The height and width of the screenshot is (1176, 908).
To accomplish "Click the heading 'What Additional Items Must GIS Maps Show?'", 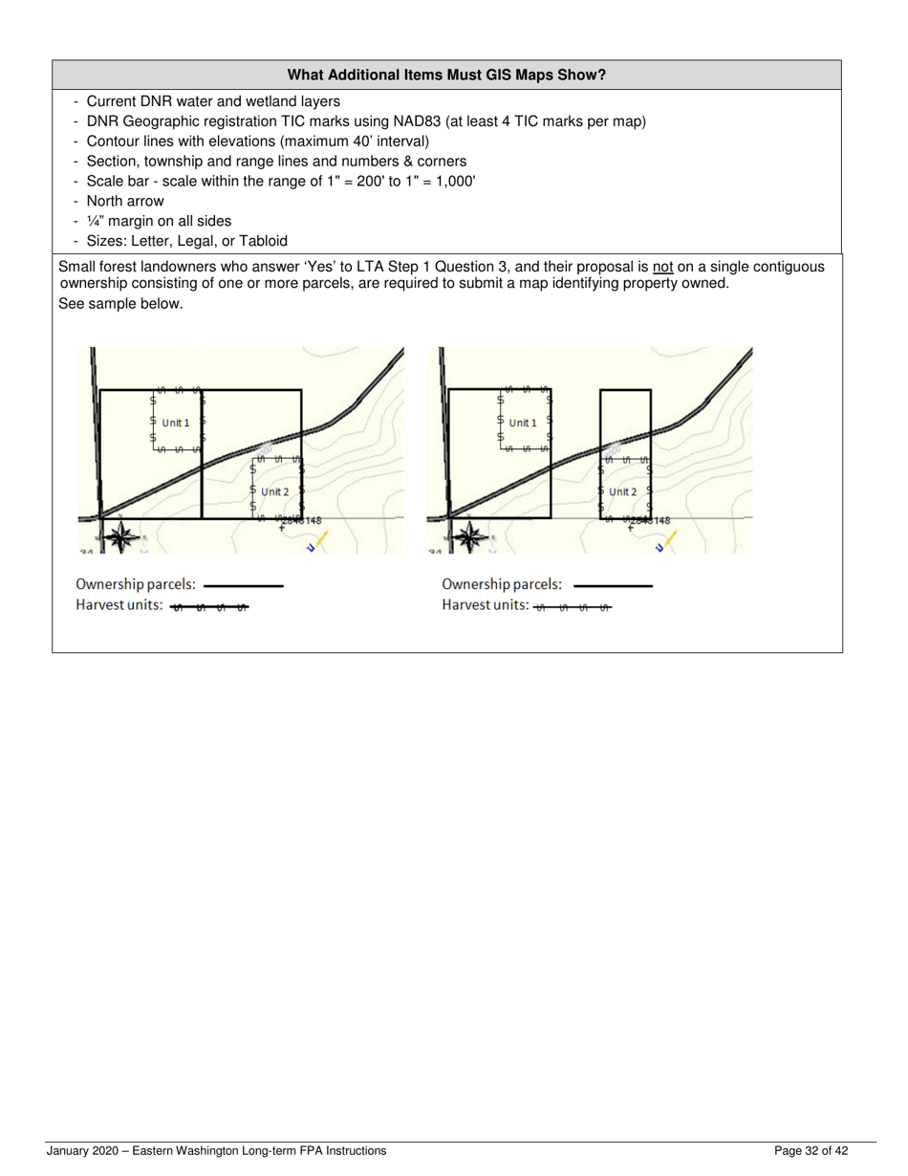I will [x=446, y=75].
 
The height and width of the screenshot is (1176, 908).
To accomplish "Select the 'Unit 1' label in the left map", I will [x=175, y=423].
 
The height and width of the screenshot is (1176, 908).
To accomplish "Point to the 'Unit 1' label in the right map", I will [x=523, y=423].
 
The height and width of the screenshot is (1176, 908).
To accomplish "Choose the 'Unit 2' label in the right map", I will [x=622, y=491].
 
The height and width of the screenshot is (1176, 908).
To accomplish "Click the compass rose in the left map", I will [x=120, y=537].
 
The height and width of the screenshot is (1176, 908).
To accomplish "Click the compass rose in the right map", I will [x=468, y=537].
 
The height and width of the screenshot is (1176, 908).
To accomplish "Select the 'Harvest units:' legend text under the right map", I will [x=485, y=605].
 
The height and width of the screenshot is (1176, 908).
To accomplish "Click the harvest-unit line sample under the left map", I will [x=209, y=607].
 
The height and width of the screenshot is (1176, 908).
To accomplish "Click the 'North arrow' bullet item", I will [x=124, y=201].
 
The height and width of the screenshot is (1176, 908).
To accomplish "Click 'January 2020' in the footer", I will [x=84, y=1151].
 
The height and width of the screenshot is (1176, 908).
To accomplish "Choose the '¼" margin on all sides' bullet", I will [x=159, y=221].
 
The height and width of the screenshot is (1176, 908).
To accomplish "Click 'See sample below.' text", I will [x=120, y=304].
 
